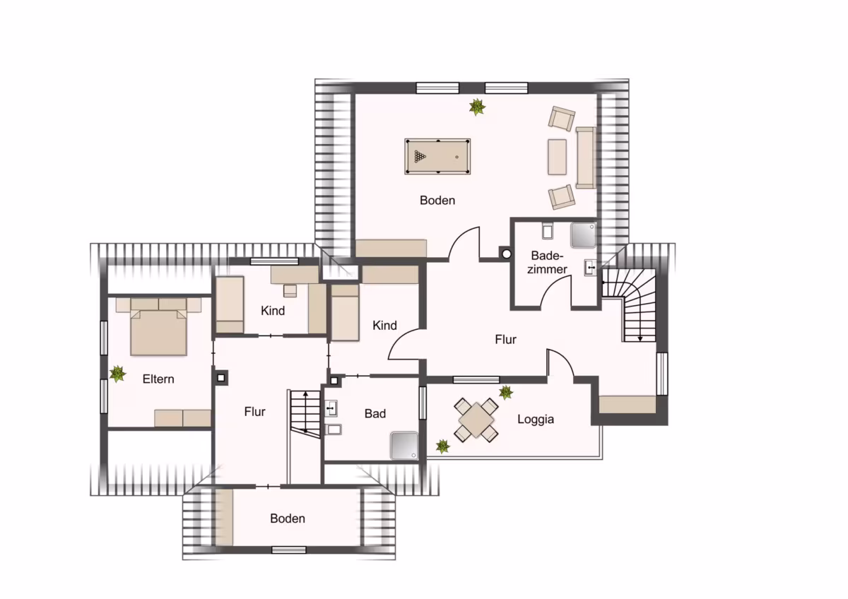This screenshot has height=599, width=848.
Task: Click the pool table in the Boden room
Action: pos(437,156)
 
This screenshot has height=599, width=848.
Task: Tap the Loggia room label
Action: pos(536,420)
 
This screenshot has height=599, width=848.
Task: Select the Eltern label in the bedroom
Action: pos(158,379)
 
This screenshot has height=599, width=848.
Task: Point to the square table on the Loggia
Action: pos(476,420)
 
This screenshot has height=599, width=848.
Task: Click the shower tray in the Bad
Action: pos(404,446)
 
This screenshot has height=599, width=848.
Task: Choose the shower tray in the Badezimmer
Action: pos(584,235)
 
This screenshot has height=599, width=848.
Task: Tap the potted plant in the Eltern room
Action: pos(118,374)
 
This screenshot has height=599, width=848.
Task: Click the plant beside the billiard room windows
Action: pos(477,107)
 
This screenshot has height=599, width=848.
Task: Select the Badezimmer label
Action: pos(547,262)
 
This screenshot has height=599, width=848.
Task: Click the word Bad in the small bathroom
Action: pos(375,414)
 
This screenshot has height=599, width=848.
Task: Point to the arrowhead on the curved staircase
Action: pos(640,338)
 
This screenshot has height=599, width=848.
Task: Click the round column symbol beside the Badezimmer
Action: pos(507,254)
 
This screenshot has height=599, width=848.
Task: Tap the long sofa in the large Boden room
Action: pos(586,158)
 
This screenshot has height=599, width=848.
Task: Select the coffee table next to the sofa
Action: pos(558,157)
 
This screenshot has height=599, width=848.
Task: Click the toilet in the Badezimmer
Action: pos(548,231)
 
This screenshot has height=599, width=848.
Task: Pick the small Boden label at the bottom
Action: pos(288,518)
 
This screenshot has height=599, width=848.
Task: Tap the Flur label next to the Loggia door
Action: pos(505,340)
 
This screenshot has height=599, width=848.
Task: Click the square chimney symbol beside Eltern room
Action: pos(221,378)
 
